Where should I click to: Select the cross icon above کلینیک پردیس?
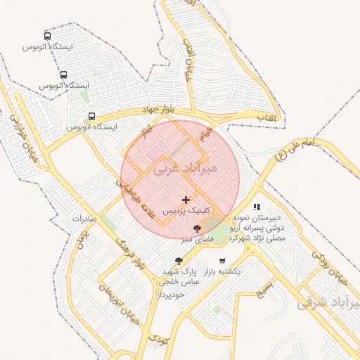click(186, 200)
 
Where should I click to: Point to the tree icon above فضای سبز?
click(197, 229)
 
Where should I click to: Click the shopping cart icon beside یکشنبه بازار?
click(222, 260)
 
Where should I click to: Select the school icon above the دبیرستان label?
click(257, 207)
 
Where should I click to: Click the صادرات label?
click(88, 219)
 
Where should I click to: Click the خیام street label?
click(205, 132)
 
